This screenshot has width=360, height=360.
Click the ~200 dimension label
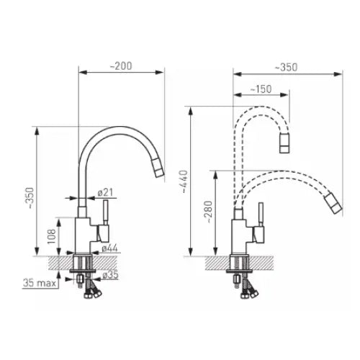point(121,66)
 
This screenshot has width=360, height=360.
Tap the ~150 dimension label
point(261,89)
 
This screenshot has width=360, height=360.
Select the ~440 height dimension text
point(184,181)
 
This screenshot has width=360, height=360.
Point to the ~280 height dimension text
point(209,212)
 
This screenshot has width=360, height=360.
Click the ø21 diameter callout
point(105,192)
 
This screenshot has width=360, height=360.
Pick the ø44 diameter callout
point(109,248)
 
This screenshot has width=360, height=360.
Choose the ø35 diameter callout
point(110,275)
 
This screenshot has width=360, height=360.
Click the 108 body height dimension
point(51,237)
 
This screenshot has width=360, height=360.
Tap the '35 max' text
point(40,283)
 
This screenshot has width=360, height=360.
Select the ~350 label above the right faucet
point(286,67)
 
